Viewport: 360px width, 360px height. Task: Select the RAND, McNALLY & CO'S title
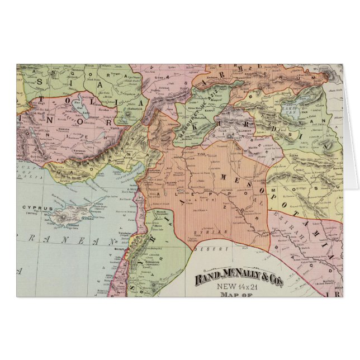coord(238,278)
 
